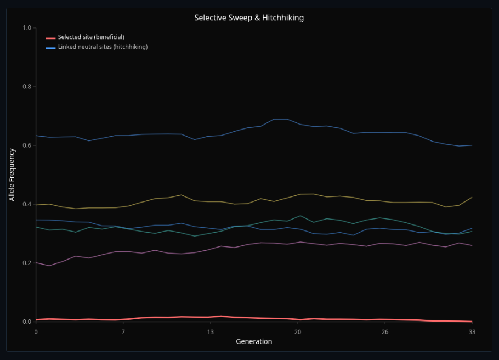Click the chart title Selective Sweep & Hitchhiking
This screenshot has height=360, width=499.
point(249,18)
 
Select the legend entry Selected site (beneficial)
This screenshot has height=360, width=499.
point(91,37)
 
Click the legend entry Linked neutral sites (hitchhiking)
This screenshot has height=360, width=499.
point(103,47)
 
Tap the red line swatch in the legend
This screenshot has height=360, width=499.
point(50,37)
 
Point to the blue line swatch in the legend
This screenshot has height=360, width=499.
point(50,47)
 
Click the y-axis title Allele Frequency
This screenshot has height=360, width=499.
point(12,175)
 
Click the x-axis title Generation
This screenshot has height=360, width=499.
point(254,341)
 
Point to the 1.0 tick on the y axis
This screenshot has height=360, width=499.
point(27,28)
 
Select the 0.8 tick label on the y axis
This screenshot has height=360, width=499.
point(27,87)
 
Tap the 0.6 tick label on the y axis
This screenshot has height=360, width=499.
point(27,145)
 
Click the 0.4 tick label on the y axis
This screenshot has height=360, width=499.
point(27,204)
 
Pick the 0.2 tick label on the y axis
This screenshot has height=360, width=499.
point(27,263)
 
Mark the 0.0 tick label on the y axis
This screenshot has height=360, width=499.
point(27,322)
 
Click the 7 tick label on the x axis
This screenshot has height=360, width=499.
point(123,332)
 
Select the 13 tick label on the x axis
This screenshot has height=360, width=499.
point(210,332)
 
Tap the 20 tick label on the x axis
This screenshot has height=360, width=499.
point(298,332)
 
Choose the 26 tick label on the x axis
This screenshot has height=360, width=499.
point(385,332)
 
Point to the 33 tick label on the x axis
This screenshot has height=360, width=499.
point(472,332)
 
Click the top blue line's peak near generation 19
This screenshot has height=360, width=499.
point(280,119)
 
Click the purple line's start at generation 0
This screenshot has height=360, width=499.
point(36,262)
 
